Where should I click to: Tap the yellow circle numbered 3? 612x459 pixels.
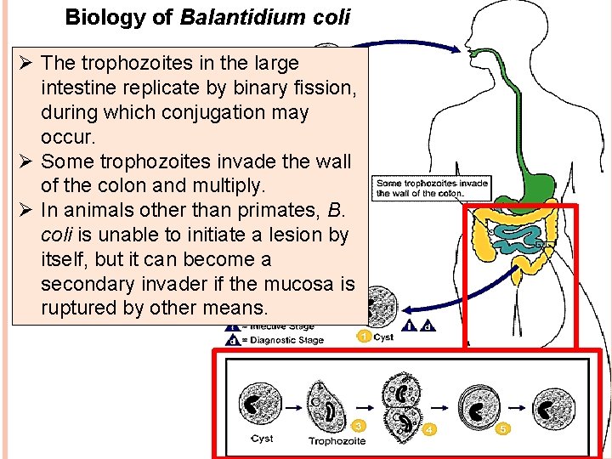click(x=360, y=425)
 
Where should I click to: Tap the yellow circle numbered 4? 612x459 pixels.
click(x=430, y=429)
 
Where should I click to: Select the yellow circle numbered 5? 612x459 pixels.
click(x=502, y=429)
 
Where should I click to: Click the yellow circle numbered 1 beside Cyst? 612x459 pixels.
click(x=363, y=337)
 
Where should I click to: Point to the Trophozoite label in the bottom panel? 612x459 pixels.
click(x=337, y=441)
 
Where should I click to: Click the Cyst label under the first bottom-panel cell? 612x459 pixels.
click(x=262, y=439)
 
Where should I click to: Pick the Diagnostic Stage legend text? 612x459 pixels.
click(x=286, y=340)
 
